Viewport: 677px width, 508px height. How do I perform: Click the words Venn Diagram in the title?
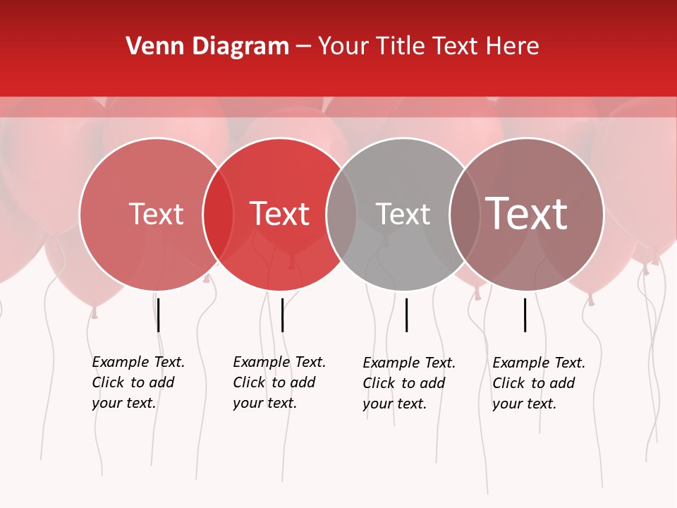click(x=207, y=47)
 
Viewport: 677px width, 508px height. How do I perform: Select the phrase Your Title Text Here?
click(x=428, y=47)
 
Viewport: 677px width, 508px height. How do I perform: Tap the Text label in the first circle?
click(x=156, y=214)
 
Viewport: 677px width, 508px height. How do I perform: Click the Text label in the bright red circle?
click(x=280, y=214)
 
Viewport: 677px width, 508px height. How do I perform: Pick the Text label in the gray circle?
click(x=403, y=214)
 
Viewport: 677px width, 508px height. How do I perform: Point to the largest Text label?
click(x=526, y=214)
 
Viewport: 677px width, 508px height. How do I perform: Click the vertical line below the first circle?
click(x=159, y=315)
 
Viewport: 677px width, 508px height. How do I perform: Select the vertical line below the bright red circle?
click(x=282, y=315)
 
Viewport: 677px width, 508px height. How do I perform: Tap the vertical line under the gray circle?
click(x=406, y=315)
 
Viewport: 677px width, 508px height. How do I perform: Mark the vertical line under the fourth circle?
click(x=525, y=315)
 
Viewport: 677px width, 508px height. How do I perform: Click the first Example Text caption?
click(x=138, y=382)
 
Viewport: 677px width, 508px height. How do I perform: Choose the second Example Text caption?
click(x=279, y=382)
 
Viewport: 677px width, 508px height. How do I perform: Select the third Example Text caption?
click(x=408, y=383)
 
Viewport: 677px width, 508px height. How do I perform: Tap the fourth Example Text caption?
click(x=538, y=383)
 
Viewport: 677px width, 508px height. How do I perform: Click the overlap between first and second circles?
click(x=218, y=214)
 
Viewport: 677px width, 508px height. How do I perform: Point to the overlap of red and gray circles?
click(x=341, y=214)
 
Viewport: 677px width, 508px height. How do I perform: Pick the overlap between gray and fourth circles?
click(x=465, y=214)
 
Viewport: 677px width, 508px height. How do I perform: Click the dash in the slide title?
click(x=303, y=47)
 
